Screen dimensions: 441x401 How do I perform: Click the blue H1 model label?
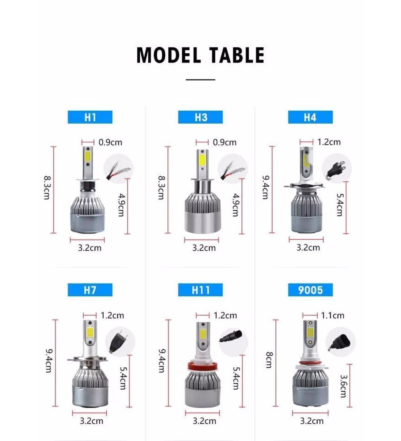pos(90,117)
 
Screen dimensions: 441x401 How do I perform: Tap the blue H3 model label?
pos(200,117)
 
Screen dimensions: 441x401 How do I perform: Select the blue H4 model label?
pos(310,117)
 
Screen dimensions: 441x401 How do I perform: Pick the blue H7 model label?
pos(90,290)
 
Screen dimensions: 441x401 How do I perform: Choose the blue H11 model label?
pos(200,290)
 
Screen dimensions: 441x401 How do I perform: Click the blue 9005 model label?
pos(310,290)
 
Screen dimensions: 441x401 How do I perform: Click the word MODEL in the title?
pos(168,55)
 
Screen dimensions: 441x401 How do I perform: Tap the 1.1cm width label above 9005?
pos(332,315)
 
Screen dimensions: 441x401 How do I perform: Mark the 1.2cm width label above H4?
pos(329,142)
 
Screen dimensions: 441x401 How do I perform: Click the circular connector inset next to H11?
pos(234,340)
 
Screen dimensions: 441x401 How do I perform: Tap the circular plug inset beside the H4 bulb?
pos(337,168)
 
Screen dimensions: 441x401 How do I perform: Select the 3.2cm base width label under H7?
pos(91,421)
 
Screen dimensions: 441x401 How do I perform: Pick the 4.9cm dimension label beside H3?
pos(236,205)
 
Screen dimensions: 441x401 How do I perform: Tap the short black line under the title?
pos(200,80)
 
